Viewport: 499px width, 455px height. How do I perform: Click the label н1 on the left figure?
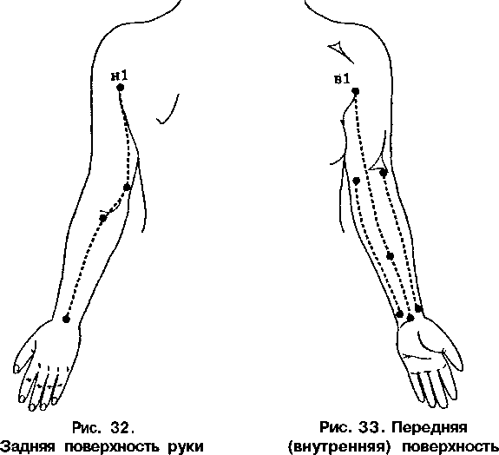pyautogui.click(x=120, y=76)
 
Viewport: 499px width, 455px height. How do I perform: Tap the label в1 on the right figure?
pyautogui.click(x=342, y=79)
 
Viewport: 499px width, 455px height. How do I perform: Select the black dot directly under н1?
pyautogui.click(x=120, y=87)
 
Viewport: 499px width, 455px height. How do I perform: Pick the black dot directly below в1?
pyautogui.click(x=356, y=92)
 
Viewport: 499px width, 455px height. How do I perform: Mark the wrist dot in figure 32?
pyautogui.click(x=66, y=319)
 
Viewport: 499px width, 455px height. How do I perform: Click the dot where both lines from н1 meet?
pyautogui.click(x=127, y=188)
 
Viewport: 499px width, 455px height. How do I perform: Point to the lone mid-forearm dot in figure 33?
pyautogui.click(x=390, y=256)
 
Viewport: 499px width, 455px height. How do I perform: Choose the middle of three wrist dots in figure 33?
pyautogui.click(x=410, y=318)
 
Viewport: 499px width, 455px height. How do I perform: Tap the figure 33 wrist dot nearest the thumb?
pyautogui.click(x=419, y=308)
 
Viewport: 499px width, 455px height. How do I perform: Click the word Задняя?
pyautogui.click(x=28, y=446)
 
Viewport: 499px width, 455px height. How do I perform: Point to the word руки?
pyautogui.click(x=185, y=447)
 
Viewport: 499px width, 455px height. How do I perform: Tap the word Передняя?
pyautogui.click(x=429, y=427)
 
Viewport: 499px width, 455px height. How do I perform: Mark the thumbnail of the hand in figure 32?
pyautogui.click(x=16, y=369)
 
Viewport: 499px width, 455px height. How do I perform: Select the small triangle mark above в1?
pyautogui.click(x=338, y=49)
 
